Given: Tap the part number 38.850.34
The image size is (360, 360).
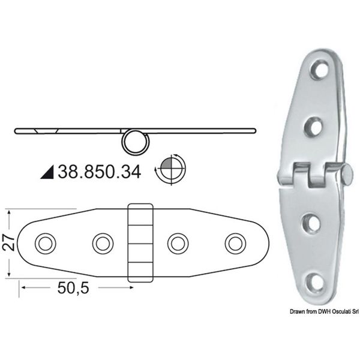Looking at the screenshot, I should (100, 172).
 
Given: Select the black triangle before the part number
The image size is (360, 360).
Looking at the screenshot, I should (48, 173).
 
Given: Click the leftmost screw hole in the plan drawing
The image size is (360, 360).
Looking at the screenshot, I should (44, 243).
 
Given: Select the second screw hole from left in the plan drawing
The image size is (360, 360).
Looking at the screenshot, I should (102, 243).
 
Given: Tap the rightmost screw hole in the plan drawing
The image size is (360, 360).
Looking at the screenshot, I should (235, 243).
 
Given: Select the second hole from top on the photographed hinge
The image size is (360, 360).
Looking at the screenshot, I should (314, 125).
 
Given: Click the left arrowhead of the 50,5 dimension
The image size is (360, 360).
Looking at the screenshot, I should (23, 288).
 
